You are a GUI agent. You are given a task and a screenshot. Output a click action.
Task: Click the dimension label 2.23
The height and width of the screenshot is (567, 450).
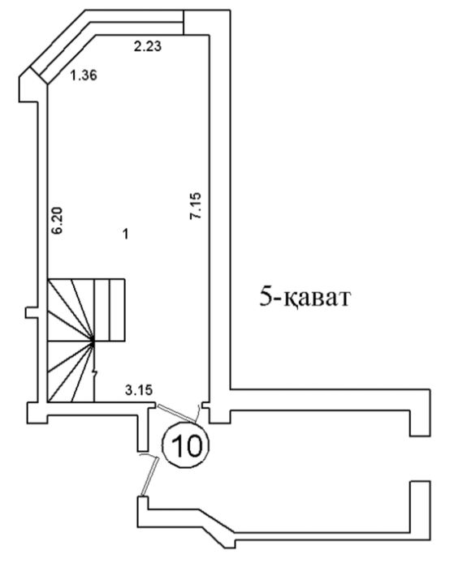tap(147, 46)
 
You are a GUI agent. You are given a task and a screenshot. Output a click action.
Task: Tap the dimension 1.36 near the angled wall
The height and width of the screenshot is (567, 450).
tap(84, 75)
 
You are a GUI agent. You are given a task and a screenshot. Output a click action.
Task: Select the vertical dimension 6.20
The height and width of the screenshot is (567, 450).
tap(57, 220)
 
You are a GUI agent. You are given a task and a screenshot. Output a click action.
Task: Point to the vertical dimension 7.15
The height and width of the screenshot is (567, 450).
tap(196, 205)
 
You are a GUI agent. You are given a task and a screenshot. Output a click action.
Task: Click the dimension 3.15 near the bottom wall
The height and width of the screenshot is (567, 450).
tap(139, 390)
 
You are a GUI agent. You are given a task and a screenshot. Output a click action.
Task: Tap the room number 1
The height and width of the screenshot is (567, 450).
tap(125, 234)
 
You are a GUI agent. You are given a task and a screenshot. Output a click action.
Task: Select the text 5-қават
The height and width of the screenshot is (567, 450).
tap(305, 299)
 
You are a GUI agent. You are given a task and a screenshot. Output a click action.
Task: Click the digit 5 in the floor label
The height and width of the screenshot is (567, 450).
tap(266, 298)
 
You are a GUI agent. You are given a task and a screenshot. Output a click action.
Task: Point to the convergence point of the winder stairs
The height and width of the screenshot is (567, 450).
tap(93, 341)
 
